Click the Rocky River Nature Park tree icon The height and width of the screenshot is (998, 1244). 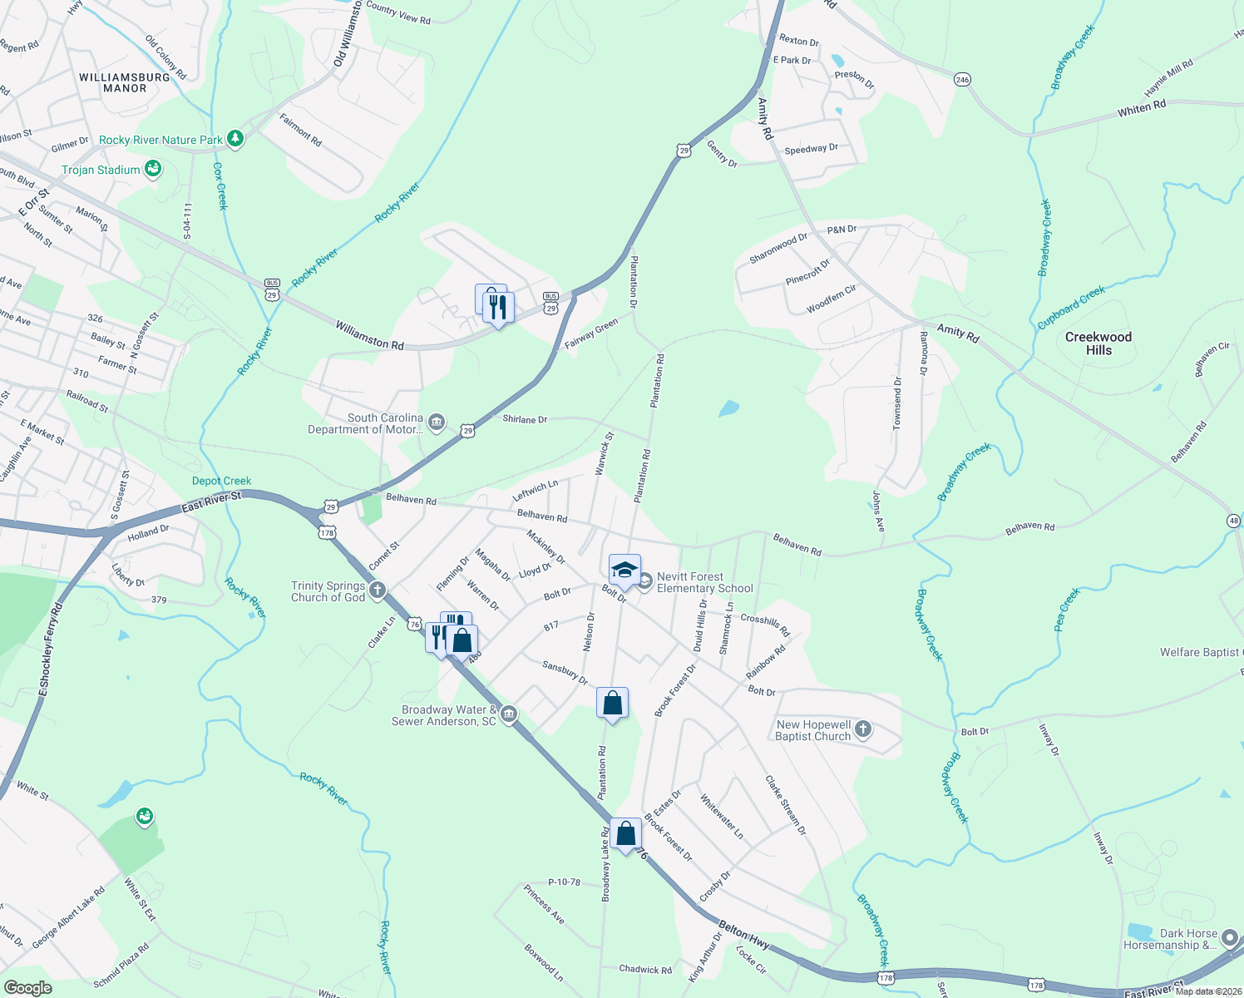tap(235, 139)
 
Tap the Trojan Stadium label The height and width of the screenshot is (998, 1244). tap(101, 170)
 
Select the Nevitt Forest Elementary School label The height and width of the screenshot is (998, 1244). tap(704, 582)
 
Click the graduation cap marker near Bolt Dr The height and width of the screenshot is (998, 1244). tap(624, 571)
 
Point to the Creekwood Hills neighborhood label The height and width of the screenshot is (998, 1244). tap(1098, 343)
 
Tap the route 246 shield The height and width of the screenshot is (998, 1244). tap(963, 80)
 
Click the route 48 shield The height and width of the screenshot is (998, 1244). tap(1232, 521)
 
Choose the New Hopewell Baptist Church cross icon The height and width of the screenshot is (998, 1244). tap(863, 730)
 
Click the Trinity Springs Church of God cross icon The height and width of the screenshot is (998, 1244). tap(378, 591)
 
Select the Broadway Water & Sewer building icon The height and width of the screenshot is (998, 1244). tap(509, 714)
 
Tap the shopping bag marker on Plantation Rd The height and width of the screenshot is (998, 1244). tap(612, 704)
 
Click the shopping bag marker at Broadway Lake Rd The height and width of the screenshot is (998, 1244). tap(625, 833)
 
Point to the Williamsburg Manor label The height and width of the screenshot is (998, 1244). tap(125, 82)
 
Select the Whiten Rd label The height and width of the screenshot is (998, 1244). tap(1141, 108)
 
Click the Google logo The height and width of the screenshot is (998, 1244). tap(27, 988)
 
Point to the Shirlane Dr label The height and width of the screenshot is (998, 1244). tap(525, 419)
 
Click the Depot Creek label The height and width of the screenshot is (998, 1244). tap(221, 481)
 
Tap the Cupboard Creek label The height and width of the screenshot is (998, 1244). tap(1071, 307)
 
